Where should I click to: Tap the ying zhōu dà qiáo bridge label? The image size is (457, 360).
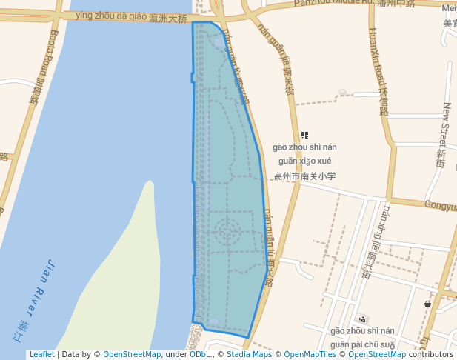[130, 16]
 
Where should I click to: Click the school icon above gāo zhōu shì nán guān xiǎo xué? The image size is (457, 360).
[304, 135]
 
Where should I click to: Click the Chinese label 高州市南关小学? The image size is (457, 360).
[304, 176]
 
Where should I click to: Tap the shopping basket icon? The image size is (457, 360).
[427, 304]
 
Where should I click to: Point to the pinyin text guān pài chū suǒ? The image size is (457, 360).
[363, 344]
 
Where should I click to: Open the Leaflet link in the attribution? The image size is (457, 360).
[41, 355]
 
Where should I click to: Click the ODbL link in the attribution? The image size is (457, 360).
[201, 355]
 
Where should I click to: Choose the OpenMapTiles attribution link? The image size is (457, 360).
[310, 355]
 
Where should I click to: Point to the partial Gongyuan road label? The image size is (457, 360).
[440, 205]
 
